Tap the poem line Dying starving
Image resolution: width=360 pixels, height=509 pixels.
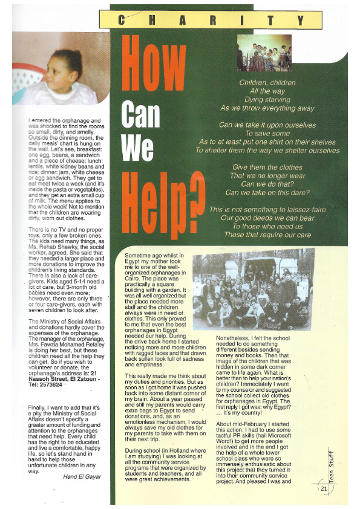(x=267, y=99)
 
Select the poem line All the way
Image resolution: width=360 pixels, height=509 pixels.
(x=267, y=91)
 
